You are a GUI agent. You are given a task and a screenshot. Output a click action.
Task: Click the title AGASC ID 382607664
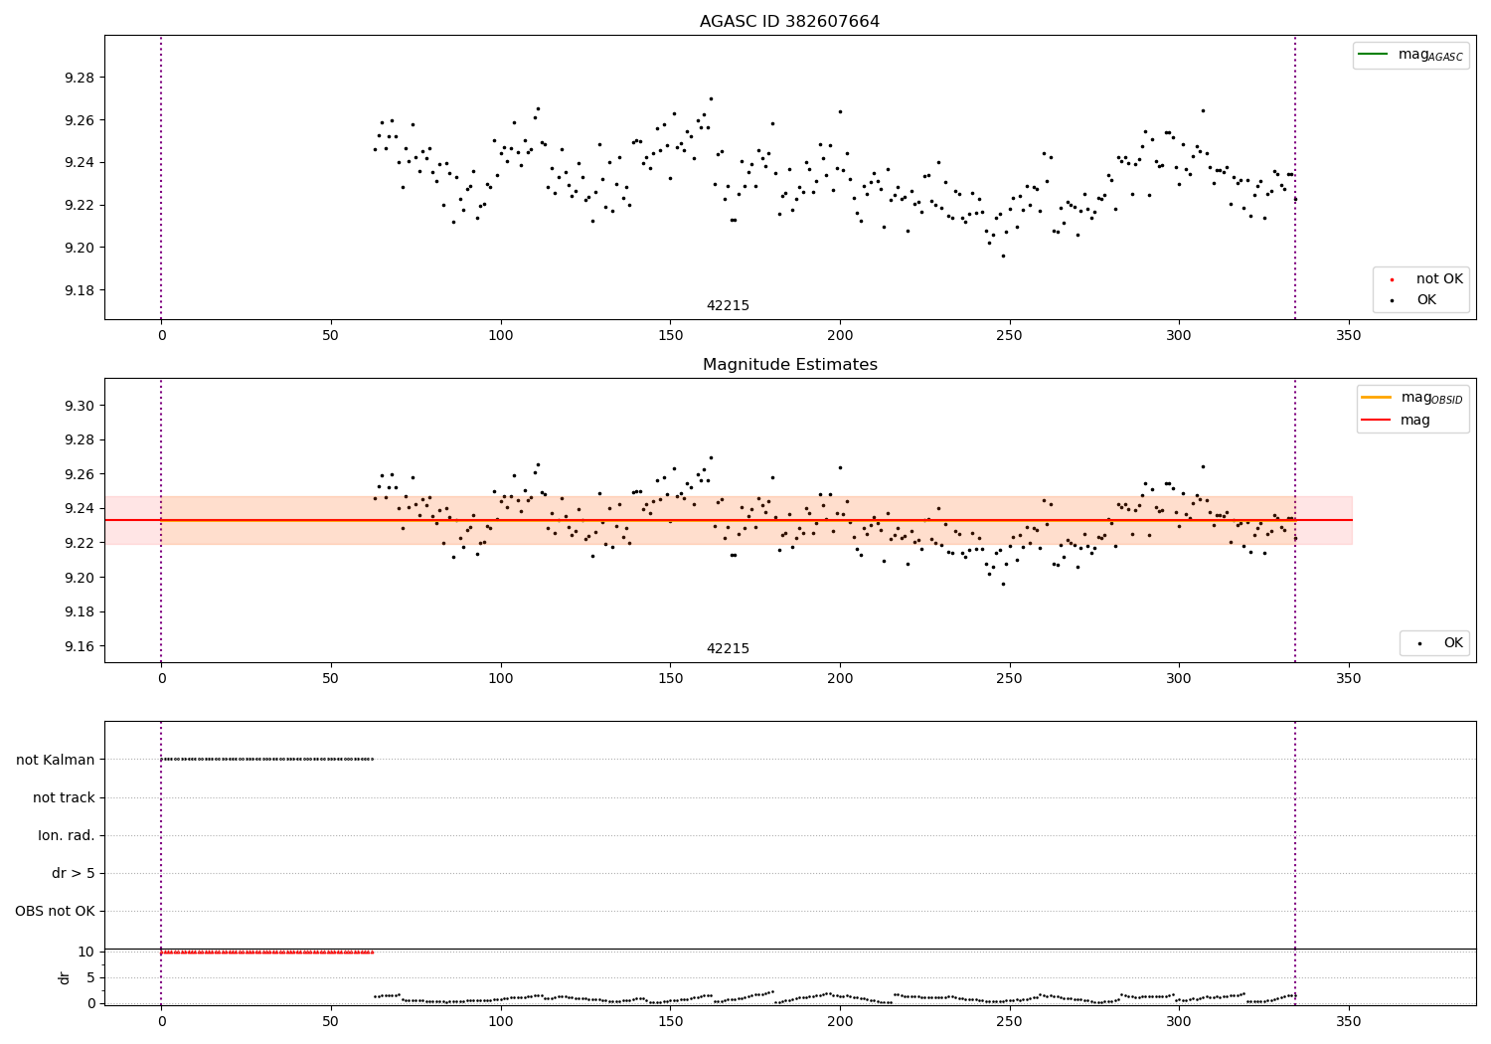[x=789, y=22]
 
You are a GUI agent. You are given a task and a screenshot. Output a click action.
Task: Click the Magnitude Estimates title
[x=789, y=365]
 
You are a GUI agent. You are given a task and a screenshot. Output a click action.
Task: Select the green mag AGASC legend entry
[x=1410, y=55]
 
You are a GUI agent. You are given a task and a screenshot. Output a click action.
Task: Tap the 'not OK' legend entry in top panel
[x=1438, y=279]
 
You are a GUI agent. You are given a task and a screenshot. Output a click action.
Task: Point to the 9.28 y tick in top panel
[x=79, y=78]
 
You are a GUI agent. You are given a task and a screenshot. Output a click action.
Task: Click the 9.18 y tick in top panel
[x=79, y=290]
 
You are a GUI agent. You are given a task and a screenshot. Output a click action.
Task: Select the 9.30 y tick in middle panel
[x=79, y=406]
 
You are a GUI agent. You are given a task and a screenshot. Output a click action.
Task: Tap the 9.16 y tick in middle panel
[x=79, y=646]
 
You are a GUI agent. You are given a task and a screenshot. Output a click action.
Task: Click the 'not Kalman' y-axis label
[x=56, y=760]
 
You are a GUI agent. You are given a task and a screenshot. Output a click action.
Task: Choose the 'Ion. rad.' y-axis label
[x=67, y=836]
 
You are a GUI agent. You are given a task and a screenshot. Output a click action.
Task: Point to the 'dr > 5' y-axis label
[x=74, y=874]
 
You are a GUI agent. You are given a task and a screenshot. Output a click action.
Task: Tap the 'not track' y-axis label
[x=64, y=797]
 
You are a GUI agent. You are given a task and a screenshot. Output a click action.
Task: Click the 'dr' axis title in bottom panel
[x=65, y=977]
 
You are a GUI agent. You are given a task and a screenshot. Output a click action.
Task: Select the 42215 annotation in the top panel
[x=728, y=306]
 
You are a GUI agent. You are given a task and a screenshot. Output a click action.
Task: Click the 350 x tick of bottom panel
[x=1348, y=1022]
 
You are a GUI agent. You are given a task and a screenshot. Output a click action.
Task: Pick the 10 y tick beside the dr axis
[x=86, y=952]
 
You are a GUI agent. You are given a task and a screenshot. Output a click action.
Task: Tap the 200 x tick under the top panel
[x=840, y=336]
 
